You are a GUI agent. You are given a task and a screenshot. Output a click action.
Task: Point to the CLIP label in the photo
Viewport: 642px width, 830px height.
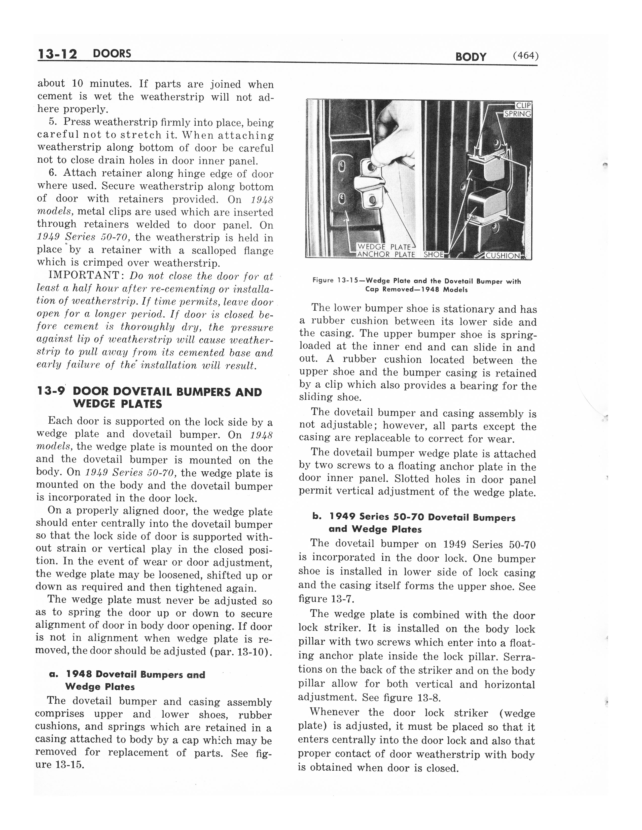[523, 105]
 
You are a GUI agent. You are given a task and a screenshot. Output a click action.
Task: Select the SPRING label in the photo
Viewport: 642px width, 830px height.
[517, 114]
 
